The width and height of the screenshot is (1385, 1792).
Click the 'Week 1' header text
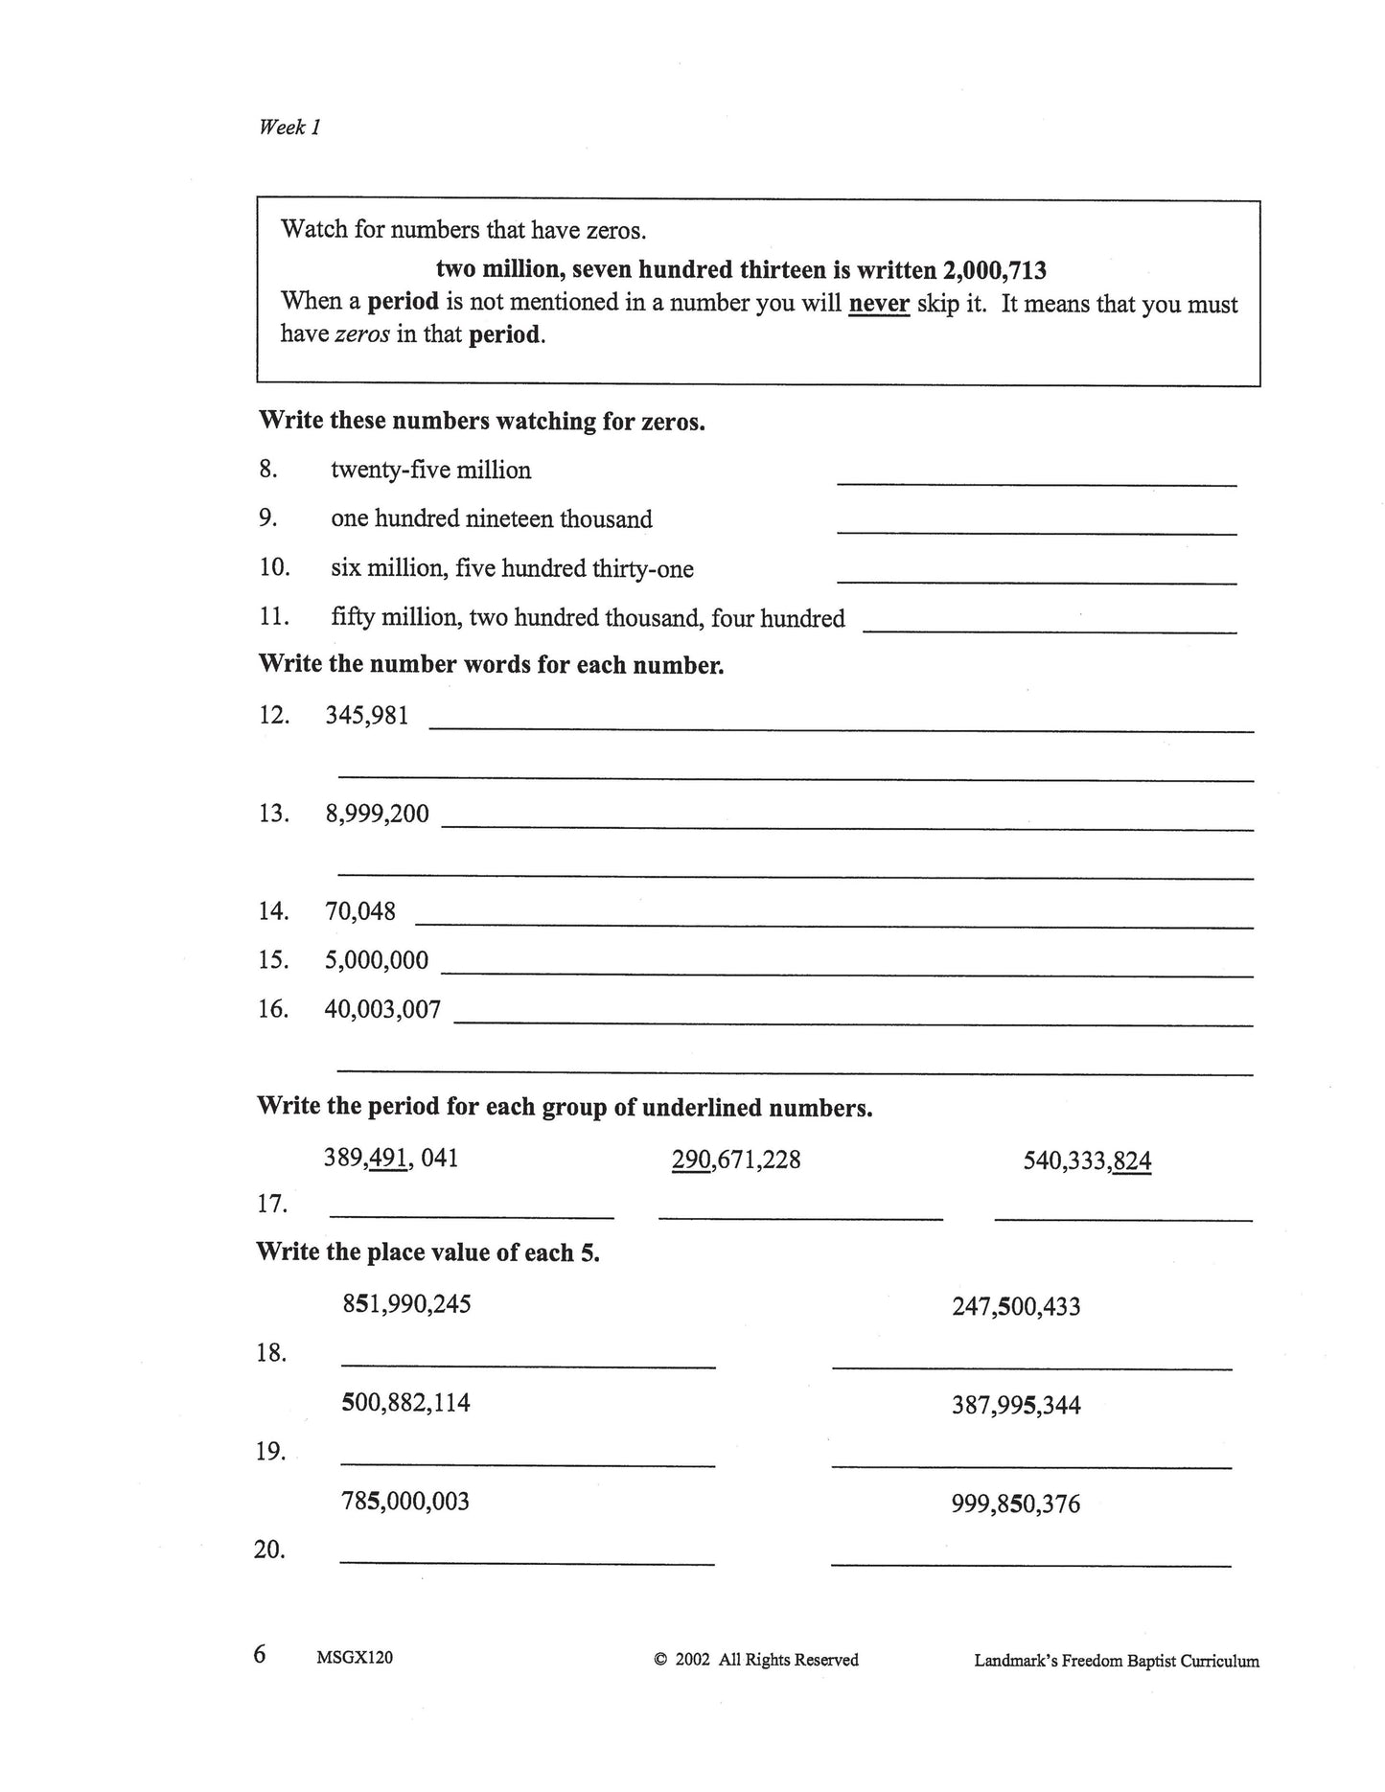[289, 126]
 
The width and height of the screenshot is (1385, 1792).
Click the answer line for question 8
[1036, 483]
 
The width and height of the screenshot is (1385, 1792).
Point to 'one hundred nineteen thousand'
[491, 519]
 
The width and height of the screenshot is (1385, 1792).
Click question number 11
[274, 617]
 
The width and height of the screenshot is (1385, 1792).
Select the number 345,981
[367, 716]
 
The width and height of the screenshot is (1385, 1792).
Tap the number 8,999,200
[377, 815]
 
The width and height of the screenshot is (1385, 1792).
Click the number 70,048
[359, 911]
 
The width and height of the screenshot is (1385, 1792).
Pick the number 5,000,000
[376, 960]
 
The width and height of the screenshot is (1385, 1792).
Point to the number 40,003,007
[382, 1009]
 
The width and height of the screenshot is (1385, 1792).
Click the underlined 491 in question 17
[388, 1159]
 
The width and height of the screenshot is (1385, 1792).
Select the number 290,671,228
[736, 1160]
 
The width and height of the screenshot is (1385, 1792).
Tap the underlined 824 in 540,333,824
[1132, 1162]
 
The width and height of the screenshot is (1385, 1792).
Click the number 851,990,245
[406, 1304]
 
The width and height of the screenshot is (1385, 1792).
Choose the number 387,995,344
[1016, 1406]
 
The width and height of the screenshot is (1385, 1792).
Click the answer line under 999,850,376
[1030, 1564]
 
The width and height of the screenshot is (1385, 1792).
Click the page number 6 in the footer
[260, 1655]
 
